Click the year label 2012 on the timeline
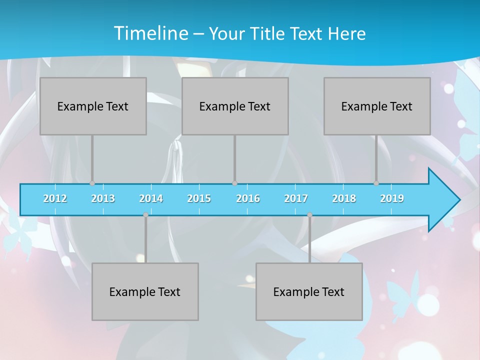55,198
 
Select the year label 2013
103,198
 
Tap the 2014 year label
151,198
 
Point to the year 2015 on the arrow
199,198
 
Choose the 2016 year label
248,198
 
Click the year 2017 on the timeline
296,198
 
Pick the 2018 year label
344,198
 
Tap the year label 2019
392,198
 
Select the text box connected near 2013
93,106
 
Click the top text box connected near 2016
235,106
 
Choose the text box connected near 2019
377,106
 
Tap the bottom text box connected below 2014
145,292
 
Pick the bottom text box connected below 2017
309,292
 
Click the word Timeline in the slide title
150,33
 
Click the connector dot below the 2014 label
145,215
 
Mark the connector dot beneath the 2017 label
309,215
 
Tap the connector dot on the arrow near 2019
376,183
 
